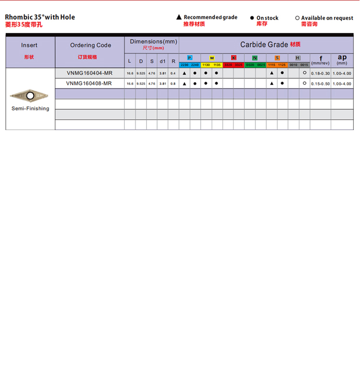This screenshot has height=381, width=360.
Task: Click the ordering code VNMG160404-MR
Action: pyautogui.click(x=90, y=73)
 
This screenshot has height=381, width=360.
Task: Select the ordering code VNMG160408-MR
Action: pyautogui.click(x=90, y=83)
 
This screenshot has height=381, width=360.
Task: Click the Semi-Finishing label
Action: pyautogui.click(x=30, y=108)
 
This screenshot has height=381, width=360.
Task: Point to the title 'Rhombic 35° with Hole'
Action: pyautogui.click(x=40, y=17)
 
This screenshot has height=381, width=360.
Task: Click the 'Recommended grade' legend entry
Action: pyautogui.click(x=207, y=17)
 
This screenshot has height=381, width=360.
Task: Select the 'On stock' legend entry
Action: pyautogui.click(x=264, y=18)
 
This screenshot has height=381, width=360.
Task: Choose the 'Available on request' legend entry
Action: pyautogui.click(x=324, y=18)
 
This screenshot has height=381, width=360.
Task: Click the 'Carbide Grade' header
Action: pyautogui.click(x=264, y=45)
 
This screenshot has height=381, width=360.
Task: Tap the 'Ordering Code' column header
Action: pyautogui.click(x=90, y=45)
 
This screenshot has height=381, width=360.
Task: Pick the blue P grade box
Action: pyautogui.click(x=190, y=58)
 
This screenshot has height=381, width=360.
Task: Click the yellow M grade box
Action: pyautogui.click(x=212, y=58)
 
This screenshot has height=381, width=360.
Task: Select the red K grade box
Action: pyautogui.click(x=234, y=58)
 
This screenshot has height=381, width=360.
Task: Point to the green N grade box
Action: pyautogui.click(x=255, y=58)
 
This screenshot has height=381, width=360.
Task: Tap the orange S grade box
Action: pyautogui.click(x=277, y=58)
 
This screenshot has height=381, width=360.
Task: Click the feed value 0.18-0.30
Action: pyautogui.click(x=320, y=73)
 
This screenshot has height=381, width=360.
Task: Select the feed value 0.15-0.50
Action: pyautogui.click(x=320, y=83)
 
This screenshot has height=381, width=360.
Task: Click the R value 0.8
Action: pyautogui.click(x=173, y=83)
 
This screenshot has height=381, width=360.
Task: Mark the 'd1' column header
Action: pyautogui.click(x=162, y=61)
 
